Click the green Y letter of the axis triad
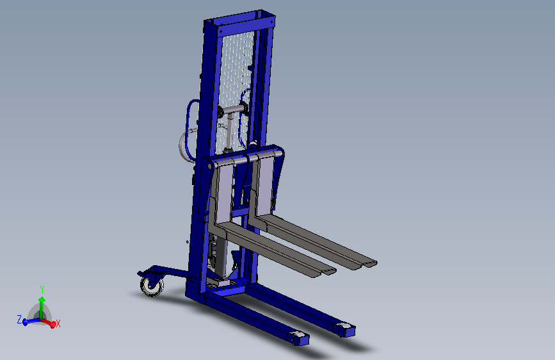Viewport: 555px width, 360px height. (x=42, y=290)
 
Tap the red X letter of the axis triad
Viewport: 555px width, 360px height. (x=58, y=323)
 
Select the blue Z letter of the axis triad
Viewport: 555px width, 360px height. (x=19, y=319)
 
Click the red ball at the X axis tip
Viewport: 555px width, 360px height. (x=52, y=325)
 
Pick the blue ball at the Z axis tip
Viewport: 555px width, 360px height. (x=25, y=322)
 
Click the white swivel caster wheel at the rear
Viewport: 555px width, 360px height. (x=152, y=286)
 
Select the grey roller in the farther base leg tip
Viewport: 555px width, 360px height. (x=343, y=325)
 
